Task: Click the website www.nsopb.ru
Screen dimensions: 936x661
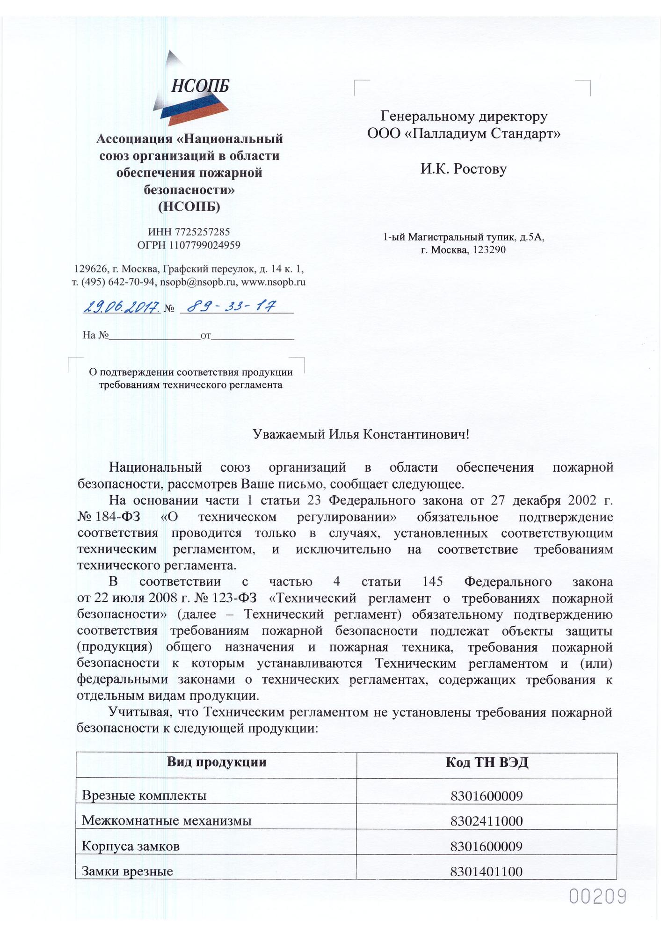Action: tap(273, 282)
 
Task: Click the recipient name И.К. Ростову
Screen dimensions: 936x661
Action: tap(463, 168)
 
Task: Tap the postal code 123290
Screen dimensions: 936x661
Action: tap(489, 250)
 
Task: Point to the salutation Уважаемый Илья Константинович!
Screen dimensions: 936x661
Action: tap(361, 434)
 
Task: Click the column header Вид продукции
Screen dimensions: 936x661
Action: tap(217, 762)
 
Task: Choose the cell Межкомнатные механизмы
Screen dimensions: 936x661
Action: tap(167, 821)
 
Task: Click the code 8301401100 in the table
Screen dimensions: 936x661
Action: tap(487, 871)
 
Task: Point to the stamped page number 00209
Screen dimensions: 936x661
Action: tap(597, 897)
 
